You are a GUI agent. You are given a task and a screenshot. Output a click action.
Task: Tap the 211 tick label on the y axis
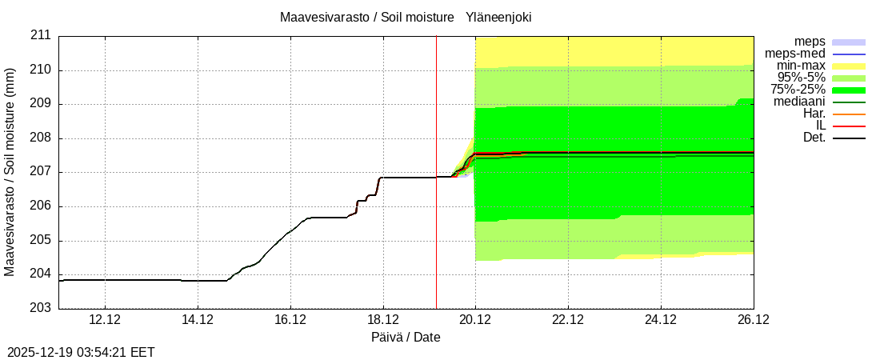pos(41,36)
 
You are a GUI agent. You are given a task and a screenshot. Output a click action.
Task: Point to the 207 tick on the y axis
pos(41,172)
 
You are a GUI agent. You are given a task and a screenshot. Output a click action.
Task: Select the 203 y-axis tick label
pos(41,308)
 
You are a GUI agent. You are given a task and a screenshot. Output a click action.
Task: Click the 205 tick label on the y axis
pos(41,240)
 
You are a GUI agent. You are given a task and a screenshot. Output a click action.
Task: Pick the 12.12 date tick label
pos(105,319)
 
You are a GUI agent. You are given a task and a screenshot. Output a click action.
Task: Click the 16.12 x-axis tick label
pos(290,319)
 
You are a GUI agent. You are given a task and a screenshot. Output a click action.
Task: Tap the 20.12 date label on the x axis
pos(475,319)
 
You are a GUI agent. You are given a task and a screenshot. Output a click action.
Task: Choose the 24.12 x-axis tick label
pos(661,319)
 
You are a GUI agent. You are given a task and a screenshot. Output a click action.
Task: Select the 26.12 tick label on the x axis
pos(753,319)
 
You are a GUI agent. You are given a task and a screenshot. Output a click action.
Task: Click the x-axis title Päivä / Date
pos(406,337)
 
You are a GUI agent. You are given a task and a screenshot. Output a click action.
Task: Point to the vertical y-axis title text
pos(10,172)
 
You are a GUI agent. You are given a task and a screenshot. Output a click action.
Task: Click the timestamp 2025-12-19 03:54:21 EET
pos(81,352)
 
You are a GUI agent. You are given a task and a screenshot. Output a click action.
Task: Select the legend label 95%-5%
pos(802,78)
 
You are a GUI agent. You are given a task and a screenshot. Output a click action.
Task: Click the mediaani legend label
pos(800,102)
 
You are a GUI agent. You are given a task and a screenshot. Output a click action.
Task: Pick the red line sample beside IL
pos(849,126)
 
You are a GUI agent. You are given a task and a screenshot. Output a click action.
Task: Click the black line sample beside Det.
pos(849,138)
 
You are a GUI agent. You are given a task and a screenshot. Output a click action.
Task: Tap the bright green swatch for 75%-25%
pos(849,90)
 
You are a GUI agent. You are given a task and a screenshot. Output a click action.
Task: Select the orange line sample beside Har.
pos(849,114)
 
